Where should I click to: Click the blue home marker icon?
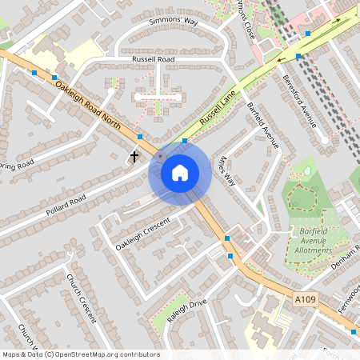pos(180,172)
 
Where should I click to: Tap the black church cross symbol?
pos(134,157)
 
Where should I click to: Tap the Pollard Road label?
pos(66,206)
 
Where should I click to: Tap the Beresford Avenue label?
pos(300,101)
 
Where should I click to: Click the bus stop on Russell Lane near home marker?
pos(185,141)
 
